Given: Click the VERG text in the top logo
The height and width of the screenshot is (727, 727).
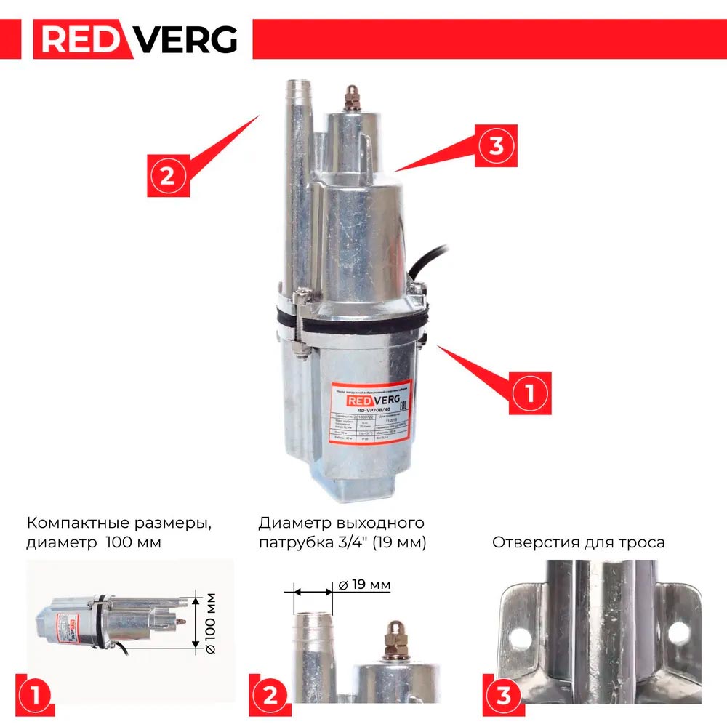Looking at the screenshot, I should coord(188,39).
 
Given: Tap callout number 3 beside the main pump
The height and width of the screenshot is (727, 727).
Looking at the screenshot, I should coord(497,145).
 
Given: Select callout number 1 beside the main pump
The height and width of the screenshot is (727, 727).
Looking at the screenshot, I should coord(529,393).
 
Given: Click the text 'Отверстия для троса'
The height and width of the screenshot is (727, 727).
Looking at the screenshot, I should coord(578,542).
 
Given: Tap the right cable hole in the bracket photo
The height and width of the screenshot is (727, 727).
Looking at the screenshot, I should coord(677,632).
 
